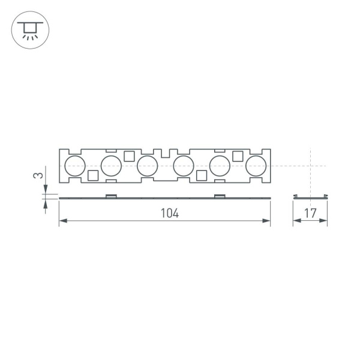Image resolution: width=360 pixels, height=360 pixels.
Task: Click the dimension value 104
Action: click(170, 213)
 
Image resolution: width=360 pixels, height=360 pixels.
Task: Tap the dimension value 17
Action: click(310, 213)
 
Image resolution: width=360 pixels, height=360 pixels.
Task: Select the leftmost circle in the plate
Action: click(75, 166)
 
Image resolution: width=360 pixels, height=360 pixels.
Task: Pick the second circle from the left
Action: click(111, 166)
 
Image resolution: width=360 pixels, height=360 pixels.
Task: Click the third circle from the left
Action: click(147, 166)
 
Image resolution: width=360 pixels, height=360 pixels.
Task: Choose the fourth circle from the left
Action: click(183, 166)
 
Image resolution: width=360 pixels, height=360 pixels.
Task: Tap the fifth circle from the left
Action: click(220, 166)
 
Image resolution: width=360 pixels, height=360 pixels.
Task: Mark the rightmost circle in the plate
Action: click(256, 166)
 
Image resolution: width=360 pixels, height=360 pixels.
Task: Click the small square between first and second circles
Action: click(93, 175)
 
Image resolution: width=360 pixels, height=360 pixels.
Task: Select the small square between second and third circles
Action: click(129, 156)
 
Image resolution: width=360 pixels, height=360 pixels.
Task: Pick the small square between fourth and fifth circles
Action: click(202, 175)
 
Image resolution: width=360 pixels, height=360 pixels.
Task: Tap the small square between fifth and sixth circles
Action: click(238, 156)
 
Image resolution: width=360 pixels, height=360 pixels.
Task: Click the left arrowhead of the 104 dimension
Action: click(62, 222)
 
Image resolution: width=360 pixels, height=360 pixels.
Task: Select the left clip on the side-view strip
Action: click(111, 196)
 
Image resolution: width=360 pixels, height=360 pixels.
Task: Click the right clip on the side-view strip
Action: click(220, 196)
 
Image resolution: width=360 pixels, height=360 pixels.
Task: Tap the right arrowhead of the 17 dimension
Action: click(325, 222)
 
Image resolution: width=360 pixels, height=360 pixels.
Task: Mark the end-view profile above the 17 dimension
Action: click(310, 197)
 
